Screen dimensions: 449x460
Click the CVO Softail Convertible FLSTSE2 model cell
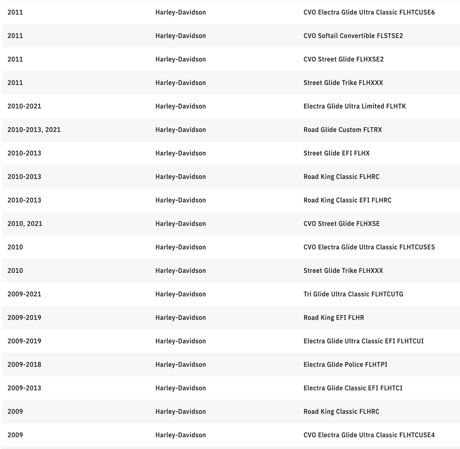click(x=353, y=36)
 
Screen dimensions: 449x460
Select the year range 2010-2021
click(x=24, y=107)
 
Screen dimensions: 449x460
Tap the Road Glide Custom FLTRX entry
click(x=342, y=130)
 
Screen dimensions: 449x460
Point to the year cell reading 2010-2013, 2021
click(x=34, y=130)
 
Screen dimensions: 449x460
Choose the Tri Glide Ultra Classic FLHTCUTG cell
click(x=353, y=294)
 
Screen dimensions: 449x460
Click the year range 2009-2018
click(x=24, y=365)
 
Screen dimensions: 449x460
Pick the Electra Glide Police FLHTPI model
click(x=345, y=365)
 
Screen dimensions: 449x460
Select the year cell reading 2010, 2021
click(x=25, y=224)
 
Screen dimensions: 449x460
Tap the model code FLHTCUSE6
click(x=417, y=13)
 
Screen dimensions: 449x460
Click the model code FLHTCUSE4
click(x=417, y=435)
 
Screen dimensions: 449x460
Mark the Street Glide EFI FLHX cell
click(x=336, y=153)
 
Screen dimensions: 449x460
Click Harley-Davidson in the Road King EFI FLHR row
click(x=181, y=318)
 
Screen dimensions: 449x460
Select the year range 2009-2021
click(x=24, y=294)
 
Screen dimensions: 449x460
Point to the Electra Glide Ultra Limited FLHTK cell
click(x=354, y=107)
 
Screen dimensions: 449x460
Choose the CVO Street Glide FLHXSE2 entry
click(x=343, y=59)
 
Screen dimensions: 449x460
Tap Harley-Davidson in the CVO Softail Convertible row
click(x=181, y=36)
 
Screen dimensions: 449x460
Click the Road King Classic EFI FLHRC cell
click(x=347, y=200)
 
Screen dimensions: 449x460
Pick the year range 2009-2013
click(x=24, y=388)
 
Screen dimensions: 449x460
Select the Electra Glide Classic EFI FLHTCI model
click(x=353, y=388)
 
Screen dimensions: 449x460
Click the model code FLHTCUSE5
click(x=417, y=247)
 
